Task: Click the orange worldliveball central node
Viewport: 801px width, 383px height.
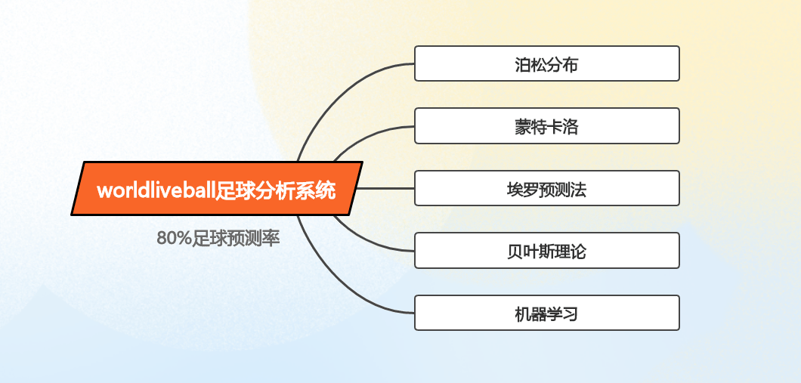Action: pos(217,188)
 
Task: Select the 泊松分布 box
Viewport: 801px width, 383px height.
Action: pos(546,63)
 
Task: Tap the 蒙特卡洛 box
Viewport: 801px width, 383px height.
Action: pos(546,125)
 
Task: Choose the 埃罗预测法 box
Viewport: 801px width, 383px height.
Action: pos(546,188)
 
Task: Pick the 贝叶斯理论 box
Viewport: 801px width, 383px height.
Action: pos(546,251)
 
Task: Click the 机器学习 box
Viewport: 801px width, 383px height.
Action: pos(546,313)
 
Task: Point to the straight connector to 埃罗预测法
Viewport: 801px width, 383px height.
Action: pos(385,188)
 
